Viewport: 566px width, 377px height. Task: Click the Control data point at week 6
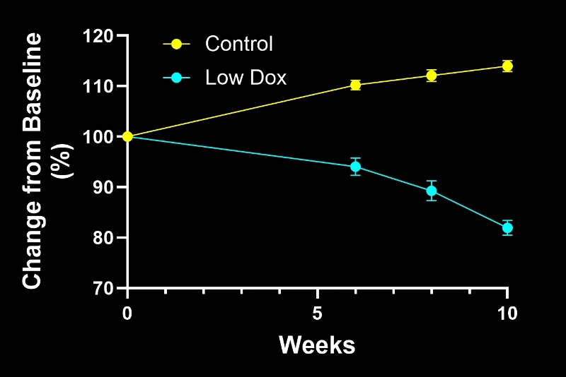[355, 85]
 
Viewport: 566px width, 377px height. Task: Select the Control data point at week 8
[431, 76]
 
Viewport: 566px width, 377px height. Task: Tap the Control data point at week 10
[507, 66]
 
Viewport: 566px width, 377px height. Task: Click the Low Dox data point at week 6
[355, 167]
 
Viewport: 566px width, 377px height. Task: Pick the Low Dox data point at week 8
[431, 191]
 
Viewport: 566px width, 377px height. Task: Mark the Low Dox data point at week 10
[507, 227]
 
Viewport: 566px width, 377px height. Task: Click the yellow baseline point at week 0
[127, 136]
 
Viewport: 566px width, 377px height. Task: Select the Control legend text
[238, 44]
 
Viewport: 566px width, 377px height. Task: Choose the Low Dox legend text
[246, 77]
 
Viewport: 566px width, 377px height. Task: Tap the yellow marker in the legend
[177, 44]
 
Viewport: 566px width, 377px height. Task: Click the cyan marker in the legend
[177, 77]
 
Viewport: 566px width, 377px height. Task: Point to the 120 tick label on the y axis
[99, 35]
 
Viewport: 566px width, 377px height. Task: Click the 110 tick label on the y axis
[99, 86]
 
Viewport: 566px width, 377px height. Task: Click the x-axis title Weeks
[316, 345]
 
